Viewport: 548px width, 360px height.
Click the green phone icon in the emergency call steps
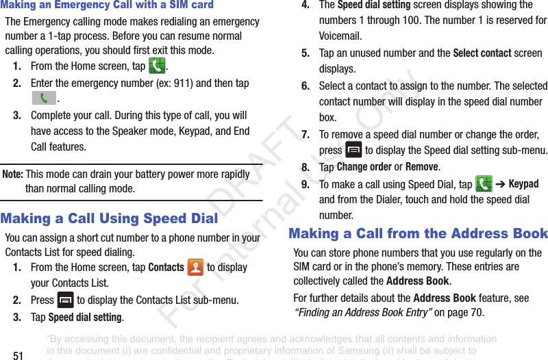tap(156, 66)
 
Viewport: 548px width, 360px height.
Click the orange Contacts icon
tap(195, 268)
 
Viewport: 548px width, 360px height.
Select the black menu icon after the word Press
tap(66, 300)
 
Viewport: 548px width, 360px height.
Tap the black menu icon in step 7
tap(353, 150)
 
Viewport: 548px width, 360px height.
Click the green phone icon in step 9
tap(484, 184)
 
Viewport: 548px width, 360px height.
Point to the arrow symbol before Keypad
tap(501, 184)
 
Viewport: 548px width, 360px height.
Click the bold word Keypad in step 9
tap(523, 184)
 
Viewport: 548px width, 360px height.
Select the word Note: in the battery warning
tap(13, 175)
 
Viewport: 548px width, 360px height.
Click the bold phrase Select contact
tap(482, 53)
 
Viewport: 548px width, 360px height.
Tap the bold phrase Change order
tap(364, 167)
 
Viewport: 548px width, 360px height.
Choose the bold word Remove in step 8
tap(421, 167)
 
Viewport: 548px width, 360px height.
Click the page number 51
tap(18, 355)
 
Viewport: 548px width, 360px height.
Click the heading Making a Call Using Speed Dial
tap(110, 218)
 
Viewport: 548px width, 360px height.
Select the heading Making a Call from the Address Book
tap(419, 233)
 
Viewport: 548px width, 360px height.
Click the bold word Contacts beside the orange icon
tap(166, 268)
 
